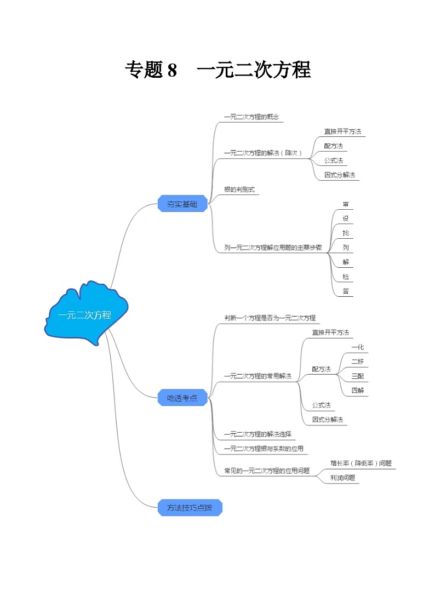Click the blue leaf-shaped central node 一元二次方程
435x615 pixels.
[x=85, y=315]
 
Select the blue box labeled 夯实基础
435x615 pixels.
[x=182, y=204]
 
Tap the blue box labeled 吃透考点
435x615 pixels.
[x=182, y=398]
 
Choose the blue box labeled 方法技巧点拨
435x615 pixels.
[x=190, y=508]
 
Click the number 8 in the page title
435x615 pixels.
[x=172, y=70]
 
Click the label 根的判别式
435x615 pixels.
[x=239, y=189]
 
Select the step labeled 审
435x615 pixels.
[x=346, y=204]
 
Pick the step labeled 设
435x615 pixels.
[x=346, y=218]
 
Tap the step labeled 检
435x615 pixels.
[x=346, y=277]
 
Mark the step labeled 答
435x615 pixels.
[x=346, y=291]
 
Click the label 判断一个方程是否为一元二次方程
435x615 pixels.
[x=270, y=318]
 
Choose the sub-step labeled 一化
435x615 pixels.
[x=358, y=347]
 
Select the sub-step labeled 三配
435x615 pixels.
[x=358, y=376]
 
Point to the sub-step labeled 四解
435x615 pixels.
[x=358, y=390]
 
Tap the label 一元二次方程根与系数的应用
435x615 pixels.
[x=264, y=449]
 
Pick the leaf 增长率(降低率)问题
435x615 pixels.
[x=361, y=463]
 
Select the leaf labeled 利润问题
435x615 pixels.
[x=343, y=478]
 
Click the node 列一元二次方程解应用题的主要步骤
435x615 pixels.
[x=276, y=248]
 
